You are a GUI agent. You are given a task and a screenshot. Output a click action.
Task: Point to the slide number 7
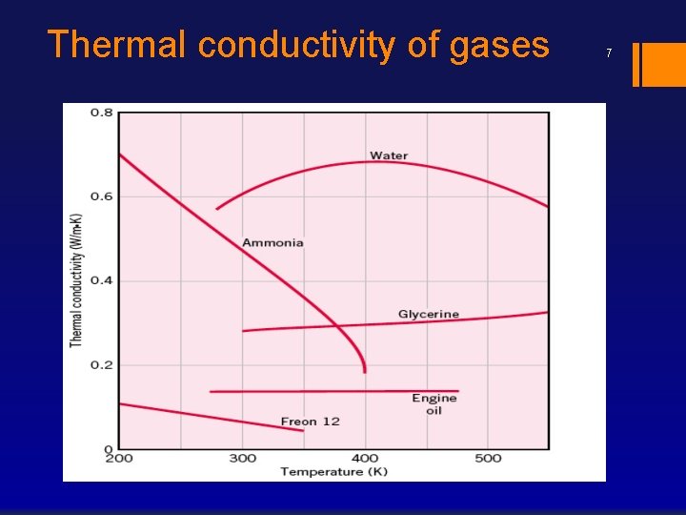pos(608,53)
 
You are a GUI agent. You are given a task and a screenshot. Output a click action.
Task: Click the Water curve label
pos(389,155)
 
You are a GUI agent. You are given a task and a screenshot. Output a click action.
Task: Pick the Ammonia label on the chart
pos(272,242)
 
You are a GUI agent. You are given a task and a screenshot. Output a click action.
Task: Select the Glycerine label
pos(428,314)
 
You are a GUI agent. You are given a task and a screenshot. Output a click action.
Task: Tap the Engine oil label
pos(434,404)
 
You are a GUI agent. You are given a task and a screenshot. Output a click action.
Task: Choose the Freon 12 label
pos(310,422)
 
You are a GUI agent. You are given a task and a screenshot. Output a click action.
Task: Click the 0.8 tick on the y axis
pos(101,113)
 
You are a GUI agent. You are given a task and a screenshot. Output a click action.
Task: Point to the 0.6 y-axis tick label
pos(101,196)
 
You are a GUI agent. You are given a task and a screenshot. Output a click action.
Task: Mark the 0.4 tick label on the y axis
pos(101,280)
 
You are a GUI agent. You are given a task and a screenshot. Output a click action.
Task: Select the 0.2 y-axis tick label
pos(101,364)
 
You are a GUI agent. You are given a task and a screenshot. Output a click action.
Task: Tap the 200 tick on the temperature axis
pos(119,459)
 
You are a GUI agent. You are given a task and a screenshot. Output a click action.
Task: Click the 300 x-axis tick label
pos(242,459)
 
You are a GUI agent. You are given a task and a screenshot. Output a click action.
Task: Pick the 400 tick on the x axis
pos(365,459)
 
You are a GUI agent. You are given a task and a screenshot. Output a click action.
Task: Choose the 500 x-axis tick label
pos(488,459)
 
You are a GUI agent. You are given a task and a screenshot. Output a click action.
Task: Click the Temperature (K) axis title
pos(334,471)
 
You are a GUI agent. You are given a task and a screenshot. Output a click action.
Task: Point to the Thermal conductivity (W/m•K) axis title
pos(76,279)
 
